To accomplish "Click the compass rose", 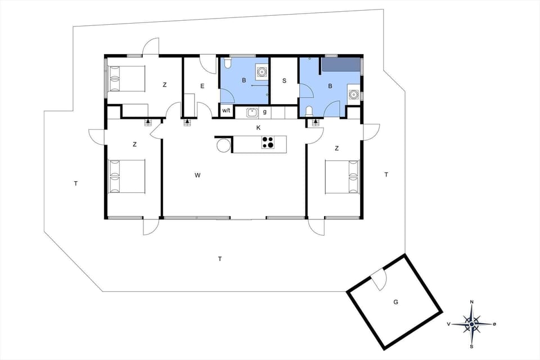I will pyautogui.click(x=471, y=323).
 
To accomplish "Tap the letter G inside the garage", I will pyautogui.click(x=395, y=302).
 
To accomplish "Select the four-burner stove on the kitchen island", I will pyautogui.click(x=268, y=143).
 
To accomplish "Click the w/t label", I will pyautogui.click(x=226, y=111).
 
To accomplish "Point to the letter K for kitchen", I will pyautogui.click(x=258, y=128).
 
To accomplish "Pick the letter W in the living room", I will pyautogui.click(x=197, y=175).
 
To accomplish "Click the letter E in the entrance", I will pyautogui.click(x=201, y=86).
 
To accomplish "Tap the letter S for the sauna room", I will pyautogui.click(x=284, y=80).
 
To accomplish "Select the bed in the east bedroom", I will pyautogui.click(x=342, y=177).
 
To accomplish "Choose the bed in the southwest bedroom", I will pyautogui.click(x=127, y=176).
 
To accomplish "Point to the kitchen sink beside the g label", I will pyautogui.click(x=252, y=112).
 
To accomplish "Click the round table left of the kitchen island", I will pyautogui.click(x=223, y=145).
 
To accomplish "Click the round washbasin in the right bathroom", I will pyautogui.click(x=353, y=94).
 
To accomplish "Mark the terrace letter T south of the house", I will pyautogui.click(x=220, y=259).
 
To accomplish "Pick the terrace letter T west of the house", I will pyautogui.click(x=75, y=183).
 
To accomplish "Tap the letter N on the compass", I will pyautogui.click(x=471, y=303).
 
